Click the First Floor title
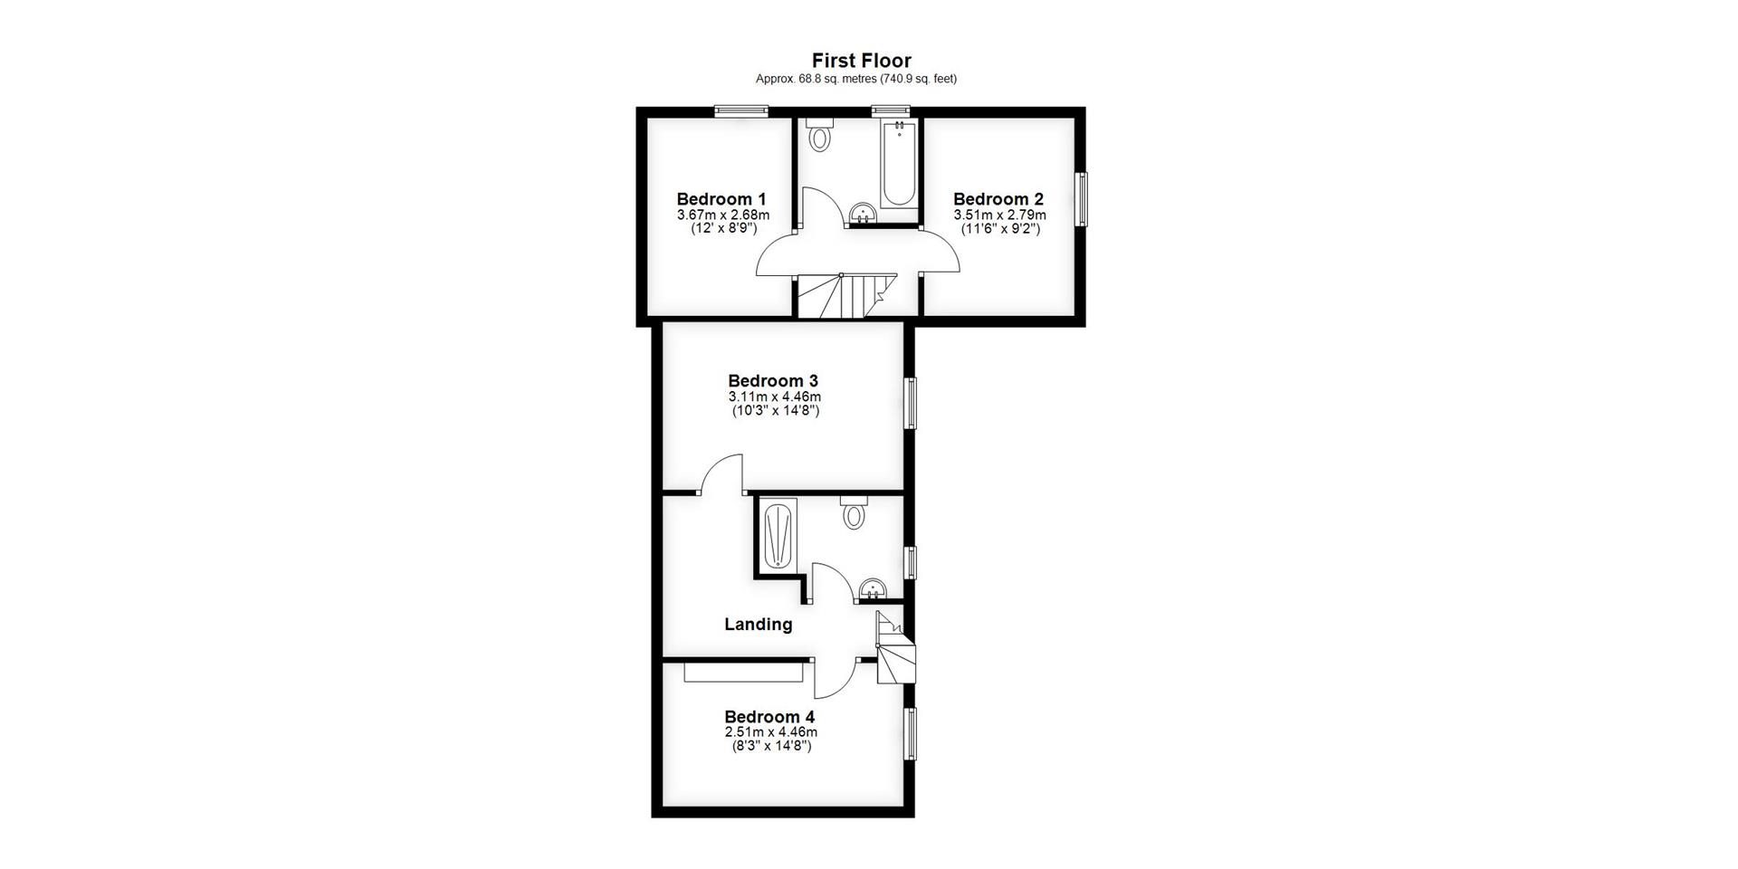(x=861, y=61)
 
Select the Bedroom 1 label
(x=721, y=199)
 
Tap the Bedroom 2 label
(x=998, y=199)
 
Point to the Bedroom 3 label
(x=773, y=381)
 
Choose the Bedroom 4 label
(x=769, y=718)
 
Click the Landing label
(x=759, y=624)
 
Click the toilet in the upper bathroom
(x=820, y=137)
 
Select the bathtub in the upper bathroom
(x=899, y=167)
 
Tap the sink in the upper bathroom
(x=863, y=214)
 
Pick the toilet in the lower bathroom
(x=854, y=514)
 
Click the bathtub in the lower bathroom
(x=778, y=536)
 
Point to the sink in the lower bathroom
(x=872, y=589)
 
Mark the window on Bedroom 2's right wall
(x=1082, y=199)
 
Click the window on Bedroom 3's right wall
(x=911, y=402)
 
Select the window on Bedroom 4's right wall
(x=911, y=733)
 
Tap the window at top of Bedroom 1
(x=740, y=111)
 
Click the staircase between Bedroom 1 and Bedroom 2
(x=846, y=296)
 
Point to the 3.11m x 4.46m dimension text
(x=775, y=396)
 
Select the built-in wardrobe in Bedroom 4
(x=743, y=673)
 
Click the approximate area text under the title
(x=856, y=79)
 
